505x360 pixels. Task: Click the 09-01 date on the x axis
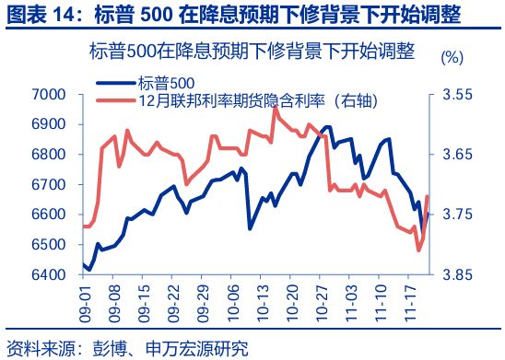pyautogui.click(x=86, y=301)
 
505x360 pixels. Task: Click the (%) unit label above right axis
pyautogui.click(x=452, y=57)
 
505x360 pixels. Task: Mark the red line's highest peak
pyautogui.click(x=276, y=108)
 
